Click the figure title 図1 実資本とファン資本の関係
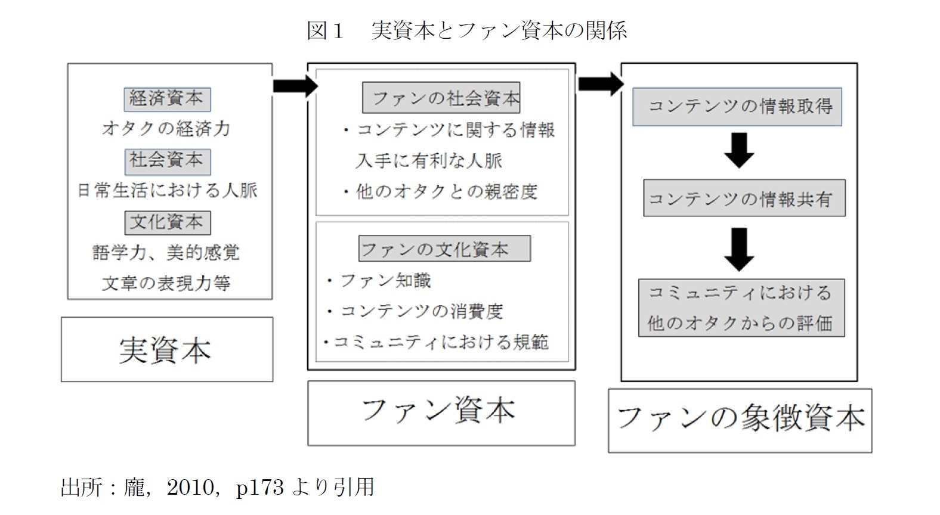(466, 30)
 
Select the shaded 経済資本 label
(167, 98)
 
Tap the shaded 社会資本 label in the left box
(167, 160)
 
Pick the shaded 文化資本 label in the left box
(167, 222)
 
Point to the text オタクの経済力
(166, 129)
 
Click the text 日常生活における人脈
(168, 191)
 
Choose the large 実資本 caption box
(166, 349)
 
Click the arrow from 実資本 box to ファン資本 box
(295, 86)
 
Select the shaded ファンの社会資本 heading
(441, 98)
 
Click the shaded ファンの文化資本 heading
(444, 249)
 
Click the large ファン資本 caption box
(441, 412)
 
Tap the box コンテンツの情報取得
(737, 107)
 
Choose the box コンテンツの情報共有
(744, 198)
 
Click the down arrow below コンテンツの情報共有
(739, 249)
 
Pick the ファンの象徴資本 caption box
(740, 420)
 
